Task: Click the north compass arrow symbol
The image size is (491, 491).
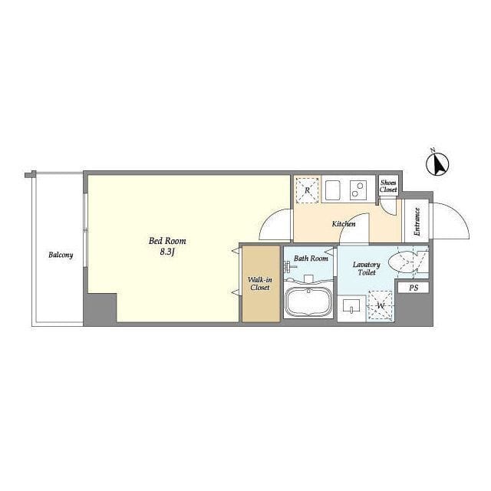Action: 437,163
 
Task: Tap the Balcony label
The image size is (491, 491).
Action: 61,255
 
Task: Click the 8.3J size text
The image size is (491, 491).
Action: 167,252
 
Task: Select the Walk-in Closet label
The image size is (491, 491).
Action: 260,283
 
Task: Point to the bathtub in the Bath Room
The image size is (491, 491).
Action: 308,302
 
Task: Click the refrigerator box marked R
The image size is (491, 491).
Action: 307,190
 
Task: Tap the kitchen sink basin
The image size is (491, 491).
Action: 333,189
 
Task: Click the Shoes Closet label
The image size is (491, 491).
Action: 388,186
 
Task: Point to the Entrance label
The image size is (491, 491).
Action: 417,222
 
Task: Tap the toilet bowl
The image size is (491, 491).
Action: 402,261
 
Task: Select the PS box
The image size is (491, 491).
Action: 414,288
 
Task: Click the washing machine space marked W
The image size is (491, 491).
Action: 381,305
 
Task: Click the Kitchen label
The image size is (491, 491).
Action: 344,224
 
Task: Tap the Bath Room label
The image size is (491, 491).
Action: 311,259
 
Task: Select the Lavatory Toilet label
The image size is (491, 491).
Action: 367,269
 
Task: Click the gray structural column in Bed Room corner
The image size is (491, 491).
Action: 101,308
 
